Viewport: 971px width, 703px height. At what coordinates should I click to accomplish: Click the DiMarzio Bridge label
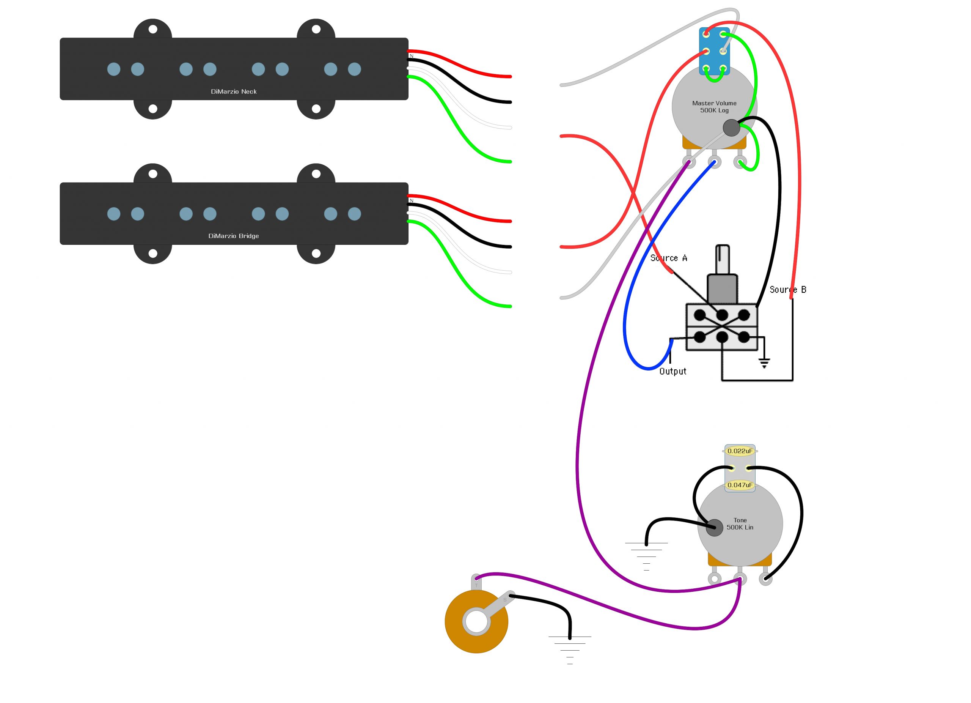(x=233, y=236)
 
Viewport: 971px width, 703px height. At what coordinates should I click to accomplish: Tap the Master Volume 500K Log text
(x=714, y=107)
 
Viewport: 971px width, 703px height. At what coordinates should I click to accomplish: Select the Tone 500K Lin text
(x=740, y=523)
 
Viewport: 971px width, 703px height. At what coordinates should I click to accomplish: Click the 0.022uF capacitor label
(x=739, y=451)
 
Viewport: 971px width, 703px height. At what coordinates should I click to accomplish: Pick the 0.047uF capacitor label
(x=739, y=485)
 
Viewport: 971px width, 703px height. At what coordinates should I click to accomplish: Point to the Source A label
(x=668, y=258)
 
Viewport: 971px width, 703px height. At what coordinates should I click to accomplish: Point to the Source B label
(x=788, y=290)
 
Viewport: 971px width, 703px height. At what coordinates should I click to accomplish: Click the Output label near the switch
(x=672, y=371)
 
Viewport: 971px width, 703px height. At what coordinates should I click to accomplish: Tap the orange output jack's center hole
(x=476, y=622)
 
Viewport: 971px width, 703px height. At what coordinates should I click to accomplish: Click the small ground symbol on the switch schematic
(x=764, y=363)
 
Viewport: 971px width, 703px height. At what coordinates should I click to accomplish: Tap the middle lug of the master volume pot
(x=714, y=162)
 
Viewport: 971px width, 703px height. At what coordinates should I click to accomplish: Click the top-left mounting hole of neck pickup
(x=153, y=30)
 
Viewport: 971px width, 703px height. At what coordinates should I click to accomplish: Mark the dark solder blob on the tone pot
(x=714, y=527)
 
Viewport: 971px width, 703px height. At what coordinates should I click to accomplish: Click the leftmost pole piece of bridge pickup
(x=114, y=214)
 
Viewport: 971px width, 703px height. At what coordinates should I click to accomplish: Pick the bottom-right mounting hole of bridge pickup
(x=316, y=253)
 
